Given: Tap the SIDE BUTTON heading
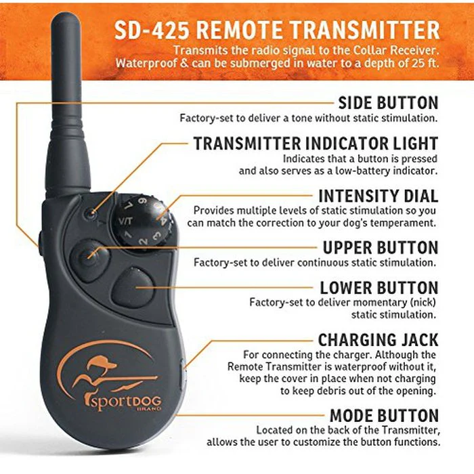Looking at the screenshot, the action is click(388, 103).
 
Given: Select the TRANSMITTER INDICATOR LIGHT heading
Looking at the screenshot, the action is click(316, 144).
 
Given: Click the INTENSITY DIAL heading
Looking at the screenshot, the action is click(379, 196).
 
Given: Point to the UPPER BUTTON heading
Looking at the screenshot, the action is click(381, 248).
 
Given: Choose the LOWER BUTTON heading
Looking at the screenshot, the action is click(379, 288).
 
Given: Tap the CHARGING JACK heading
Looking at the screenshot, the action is click(378, 340).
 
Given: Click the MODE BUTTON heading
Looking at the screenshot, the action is click(384, 415).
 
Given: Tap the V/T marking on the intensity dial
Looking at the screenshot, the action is click(125, 221).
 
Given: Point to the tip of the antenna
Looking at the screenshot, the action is click(66, 14).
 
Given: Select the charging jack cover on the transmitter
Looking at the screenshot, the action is click(182, 375).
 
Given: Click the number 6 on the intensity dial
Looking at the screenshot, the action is click(142, 201).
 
